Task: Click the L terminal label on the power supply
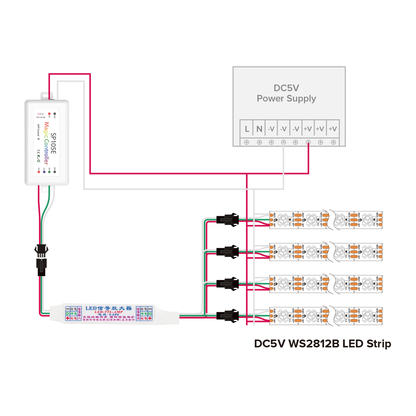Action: (x=247, y=129)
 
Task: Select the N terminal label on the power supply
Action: (x=259, y=129)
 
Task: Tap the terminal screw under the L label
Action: (x=247, y=142)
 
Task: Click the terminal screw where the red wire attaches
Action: (x=309, y=142)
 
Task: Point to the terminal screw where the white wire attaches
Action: (x=283, y=142)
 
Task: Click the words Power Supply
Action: (x=286, y=98)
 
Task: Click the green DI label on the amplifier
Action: (x=68, y=313)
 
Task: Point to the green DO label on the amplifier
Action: (x=149, y=313)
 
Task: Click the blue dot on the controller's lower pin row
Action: (x=44, y=172)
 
